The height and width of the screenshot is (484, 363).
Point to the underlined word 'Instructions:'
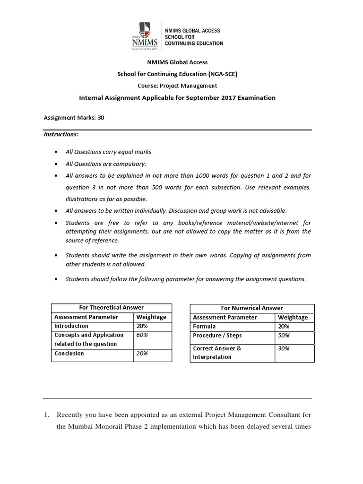tap(61, 134)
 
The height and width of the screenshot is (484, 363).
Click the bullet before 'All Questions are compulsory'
tap(56, 164)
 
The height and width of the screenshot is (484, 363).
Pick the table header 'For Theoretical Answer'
tap(112, 308)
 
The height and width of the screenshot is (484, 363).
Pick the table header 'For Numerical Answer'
tap(252, 308)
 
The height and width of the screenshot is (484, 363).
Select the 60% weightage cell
tap(142, 335)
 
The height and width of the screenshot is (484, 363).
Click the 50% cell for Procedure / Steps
tap(284, 336)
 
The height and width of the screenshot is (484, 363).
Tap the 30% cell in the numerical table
tap(284, 348)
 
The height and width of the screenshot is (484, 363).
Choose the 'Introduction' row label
tap(71, 326)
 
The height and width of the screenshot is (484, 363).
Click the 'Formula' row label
tap(204, 326)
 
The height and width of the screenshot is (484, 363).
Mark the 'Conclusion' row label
tap(69, 353)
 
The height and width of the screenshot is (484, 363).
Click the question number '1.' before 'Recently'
tap(46, 415)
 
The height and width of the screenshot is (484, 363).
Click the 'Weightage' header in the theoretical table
tap(151, 317)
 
